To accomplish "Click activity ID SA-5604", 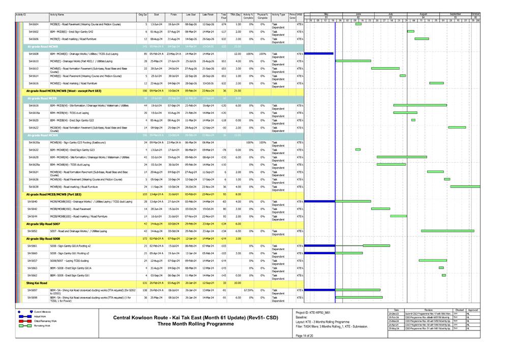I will (x=33, y=24).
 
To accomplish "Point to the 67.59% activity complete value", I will (x=248, y=290).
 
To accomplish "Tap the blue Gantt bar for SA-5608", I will (x=318, y=53).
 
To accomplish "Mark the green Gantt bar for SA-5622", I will (x=457, y=127).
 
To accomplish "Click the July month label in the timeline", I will (x=391, y=14).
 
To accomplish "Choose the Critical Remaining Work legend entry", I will (x=46, y=321).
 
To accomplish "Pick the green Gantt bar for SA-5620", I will (x=413, y=120).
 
